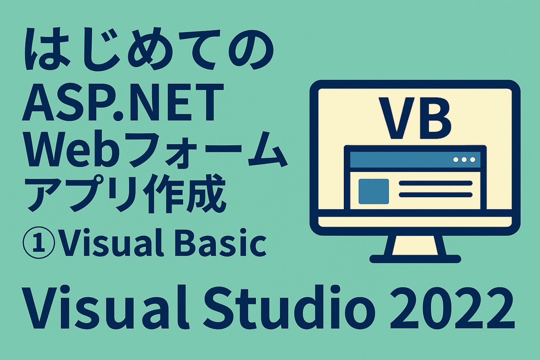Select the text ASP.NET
(x=121, y=102)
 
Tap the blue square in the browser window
(x=373, y=191)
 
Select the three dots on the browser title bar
(x=465, y=159)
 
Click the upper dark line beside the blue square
(x=435, y=183)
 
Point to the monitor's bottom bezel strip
(x=415, y=225)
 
